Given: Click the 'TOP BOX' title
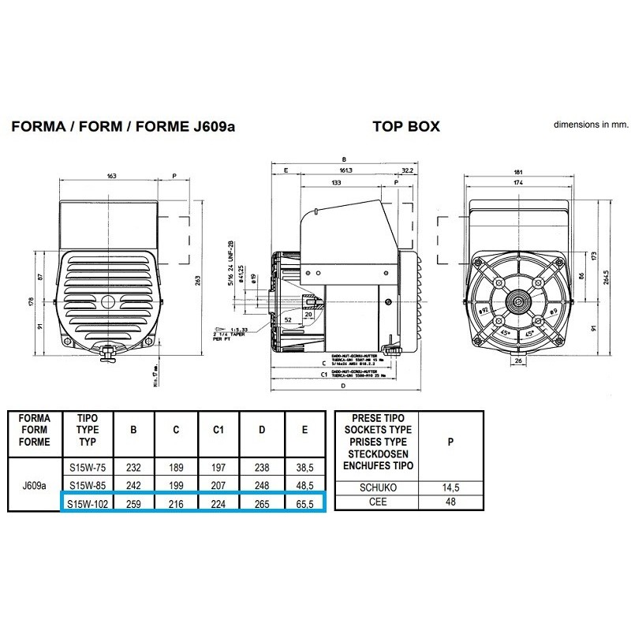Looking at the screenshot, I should pos(405,126).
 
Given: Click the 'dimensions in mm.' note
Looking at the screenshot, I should pos(589,125).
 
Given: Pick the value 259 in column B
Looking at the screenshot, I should pos(133,502).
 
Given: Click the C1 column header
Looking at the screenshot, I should pos(219,431).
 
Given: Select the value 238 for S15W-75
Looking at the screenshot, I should pos(261,466).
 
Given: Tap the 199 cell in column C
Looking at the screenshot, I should pos(176,484).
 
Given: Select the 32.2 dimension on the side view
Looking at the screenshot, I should pos(407,169).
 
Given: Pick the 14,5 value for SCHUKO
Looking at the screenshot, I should pos(450,489).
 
